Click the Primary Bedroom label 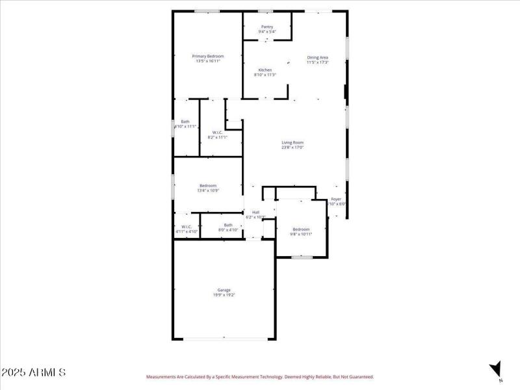[x=208, y=57]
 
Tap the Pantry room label [x=267, y=27]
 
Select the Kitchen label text [x=265, y=70]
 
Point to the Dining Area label [x=318, y=57]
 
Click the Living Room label [x=292, y=142]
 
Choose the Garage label [x=224, y=290]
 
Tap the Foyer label [x=336, y=199]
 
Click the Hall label [x=256, y=212]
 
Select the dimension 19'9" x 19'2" [x=224, y=295]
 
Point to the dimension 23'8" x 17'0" [x=292, y=148]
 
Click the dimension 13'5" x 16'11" [x=208, y=62]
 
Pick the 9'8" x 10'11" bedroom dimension [x=301, y=234]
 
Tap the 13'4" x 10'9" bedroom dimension [x=208, y=190]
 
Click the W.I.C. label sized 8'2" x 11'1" [x=217, y=132]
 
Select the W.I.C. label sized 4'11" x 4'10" [x=187, y=227]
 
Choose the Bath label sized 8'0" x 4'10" [x=228, y=225]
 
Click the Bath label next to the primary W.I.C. [x=185, y=122]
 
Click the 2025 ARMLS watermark [x=34, y=373]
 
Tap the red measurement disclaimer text [x=260, y=377]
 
